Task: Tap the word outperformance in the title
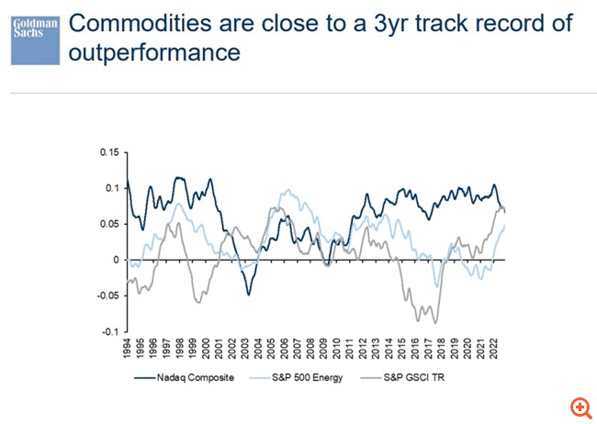click(x=154, y=53)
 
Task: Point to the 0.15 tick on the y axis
click(x=109, y=152)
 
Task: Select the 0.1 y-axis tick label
click(x=112, y=188)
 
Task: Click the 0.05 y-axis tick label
click(x=109, y=224)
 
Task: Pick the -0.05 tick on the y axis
click(x=107, y=296)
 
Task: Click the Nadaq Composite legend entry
click(x=189, y=376)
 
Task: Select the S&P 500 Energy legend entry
click(x=309, y=376)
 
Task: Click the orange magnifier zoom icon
click(x=580, y=407)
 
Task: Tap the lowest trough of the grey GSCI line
click(x=434, y=322)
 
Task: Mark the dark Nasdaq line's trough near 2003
click(x=247, y=294)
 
